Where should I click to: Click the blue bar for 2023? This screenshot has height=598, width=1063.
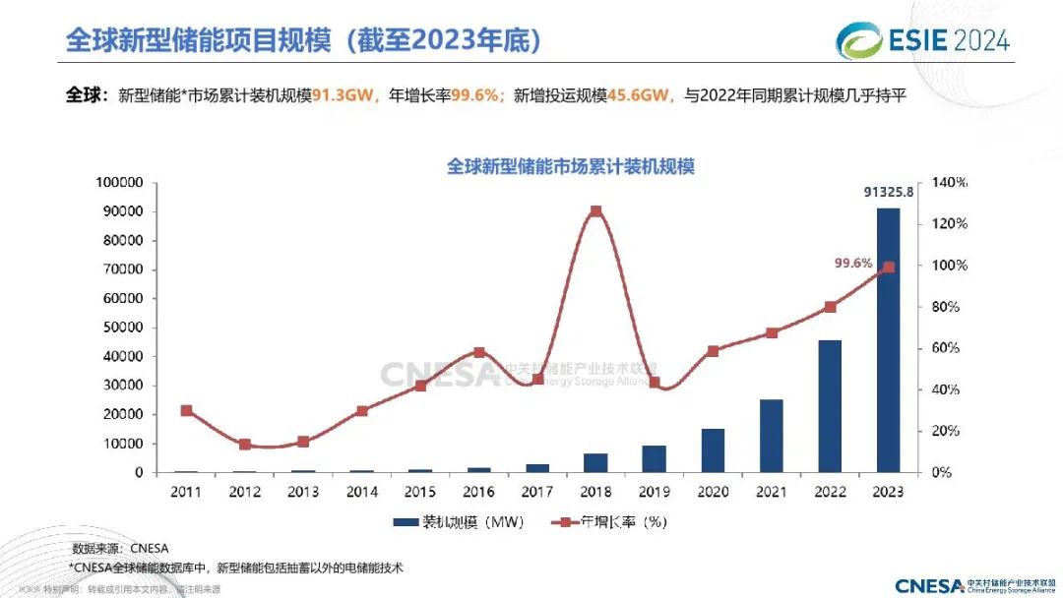tap(888, 339)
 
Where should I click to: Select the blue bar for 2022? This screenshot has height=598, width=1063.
tap(830, 406)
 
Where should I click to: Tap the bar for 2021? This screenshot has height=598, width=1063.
tap(772, 436)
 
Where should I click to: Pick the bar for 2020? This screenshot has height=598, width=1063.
tap(714, 450)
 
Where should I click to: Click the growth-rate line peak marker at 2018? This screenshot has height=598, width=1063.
tap(596, 211)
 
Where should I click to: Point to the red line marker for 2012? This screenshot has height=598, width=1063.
tap(245, 445)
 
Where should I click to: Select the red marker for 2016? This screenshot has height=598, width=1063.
tap(479, 352)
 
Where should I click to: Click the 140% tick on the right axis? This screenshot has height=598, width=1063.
tap(950, 183)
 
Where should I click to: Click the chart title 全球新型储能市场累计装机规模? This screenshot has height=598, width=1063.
tap(571, 166)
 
